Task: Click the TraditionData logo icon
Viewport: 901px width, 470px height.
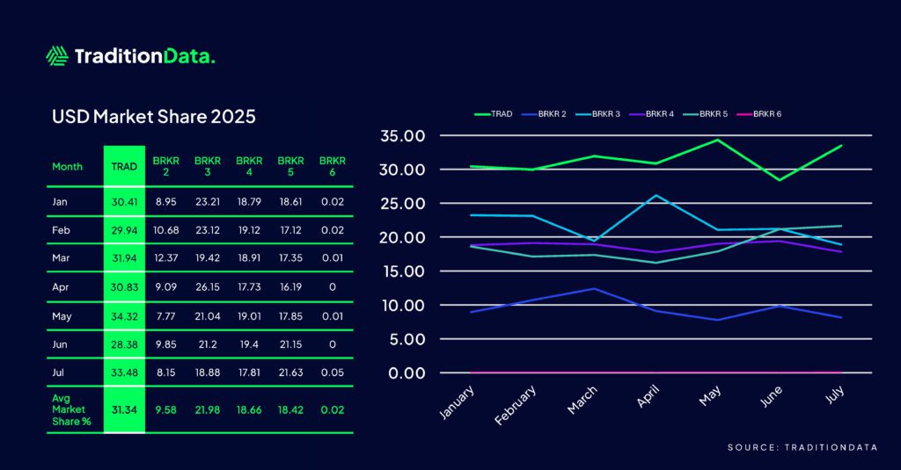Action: pyautogui.click(x=57, y=56)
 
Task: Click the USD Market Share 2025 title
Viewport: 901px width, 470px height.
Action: pyautogui.click(x=154, y=116)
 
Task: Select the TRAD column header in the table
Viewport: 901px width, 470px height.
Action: pyautogui.click(x=124, y=166)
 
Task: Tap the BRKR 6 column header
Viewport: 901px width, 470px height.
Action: pyautogui.click(x=332, y=166)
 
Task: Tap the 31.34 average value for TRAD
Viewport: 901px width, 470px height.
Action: pyautogui.click(x=124, y=409)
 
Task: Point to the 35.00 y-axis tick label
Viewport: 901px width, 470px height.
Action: pyautogui.click(x=402, y=136)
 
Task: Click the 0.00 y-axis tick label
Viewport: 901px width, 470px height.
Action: pyautogui.click(x=406, y=372)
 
